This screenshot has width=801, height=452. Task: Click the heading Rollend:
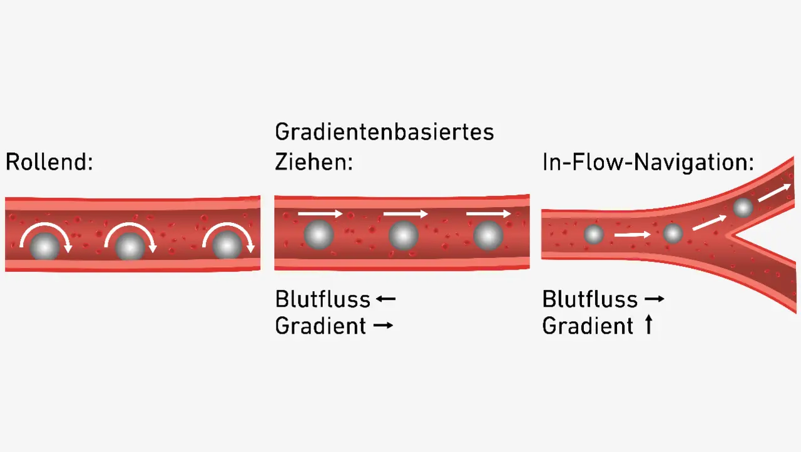pos(49,163)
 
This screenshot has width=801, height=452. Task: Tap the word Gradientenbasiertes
pos(384,132)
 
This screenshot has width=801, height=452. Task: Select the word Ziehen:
pos(314,163)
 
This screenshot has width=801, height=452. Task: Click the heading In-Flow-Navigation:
pos(648,163)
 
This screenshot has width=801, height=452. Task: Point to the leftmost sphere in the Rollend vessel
pos(45,246)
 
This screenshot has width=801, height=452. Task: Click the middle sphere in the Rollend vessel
pos(130,247)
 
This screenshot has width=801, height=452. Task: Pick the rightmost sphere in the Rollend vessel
pos(227,246)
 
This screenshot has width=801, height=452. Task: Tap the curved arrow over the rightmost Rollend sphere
pos(229,232)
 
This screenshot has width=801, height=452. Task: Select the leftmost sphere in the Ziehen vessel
pos(319,235)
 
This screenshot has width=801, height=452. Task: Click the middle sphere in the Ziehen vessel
pos(403,236)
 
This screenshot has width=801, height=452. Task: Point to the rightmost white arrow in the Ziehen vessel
pos(488,214)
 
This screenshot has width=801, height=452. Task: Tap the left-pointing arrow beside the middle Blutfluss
pos(385,299)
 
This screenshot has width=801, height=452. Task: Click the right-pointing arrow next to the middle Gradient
pos(383,326)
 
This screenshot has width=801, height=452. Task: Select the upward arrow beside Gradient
pos(648,325)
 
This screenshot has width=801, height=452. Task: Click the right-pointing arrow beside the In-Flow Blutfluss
pos(653,299)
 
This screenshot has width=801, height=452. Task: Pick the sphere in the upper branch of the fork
pos(743,207)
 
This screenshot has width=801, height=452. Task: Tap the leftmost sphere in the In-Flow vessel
pos(593,235)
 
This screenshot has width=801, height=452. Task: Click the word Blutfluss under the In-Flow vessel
pos(589,299)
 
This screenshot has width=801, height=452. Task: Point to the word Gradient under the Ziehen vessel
pos(320,326)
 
